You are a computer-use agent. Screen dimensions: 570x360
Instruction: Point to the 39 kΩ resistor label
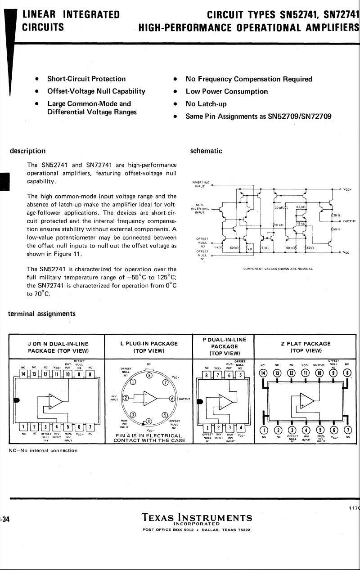279,225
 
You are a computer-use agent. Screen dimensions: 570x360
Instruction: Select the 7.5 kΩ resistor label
301,223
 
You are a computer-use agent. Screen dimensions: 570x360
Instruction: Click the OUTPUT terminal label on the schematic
349,221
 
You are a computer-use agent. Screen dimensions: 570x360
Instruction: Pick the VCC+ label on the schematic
347,189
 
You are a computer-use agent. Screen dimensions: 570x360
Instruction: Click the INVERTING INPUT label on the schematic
200,184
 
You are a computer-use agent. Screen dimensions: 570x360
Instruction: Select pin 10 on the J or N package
67,373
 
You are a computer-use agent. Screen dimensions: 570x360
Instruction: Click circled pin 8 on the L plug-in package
149,375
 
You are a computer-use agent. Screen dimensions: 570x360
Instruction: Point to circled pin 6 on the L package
171,399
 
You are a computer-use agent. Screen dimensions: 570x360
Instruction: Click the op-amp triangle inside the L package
149,399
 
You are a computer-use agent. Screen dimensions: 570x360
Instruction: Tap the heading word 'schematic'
206,151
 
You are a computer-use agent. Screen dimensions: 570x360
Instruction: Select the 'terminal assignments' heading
42,314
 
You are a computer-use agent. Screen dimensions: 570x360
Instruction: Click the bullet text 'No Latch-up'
206,104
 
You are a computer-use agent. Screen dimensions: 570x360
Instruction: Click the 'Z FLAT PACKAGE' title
306,344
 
